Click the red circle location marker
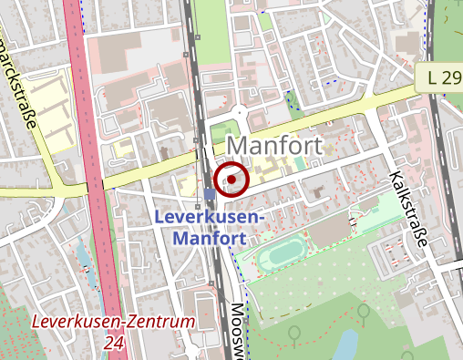tap(231, 180)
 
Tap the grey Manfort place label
tap(275, 146)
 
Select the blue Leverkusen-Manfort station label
tap(209, 228)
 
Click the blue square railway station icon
tap(210, 194)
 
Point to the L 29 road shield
tap(443, 77)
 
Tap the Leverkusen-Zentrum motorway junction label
tap(112, 323)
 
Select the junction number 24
tap(114, 343)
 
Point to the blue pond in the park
tap(346, 344)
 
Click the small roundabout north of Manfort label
tap(239, 113)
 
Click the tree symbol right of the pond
tap(364, 313)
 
